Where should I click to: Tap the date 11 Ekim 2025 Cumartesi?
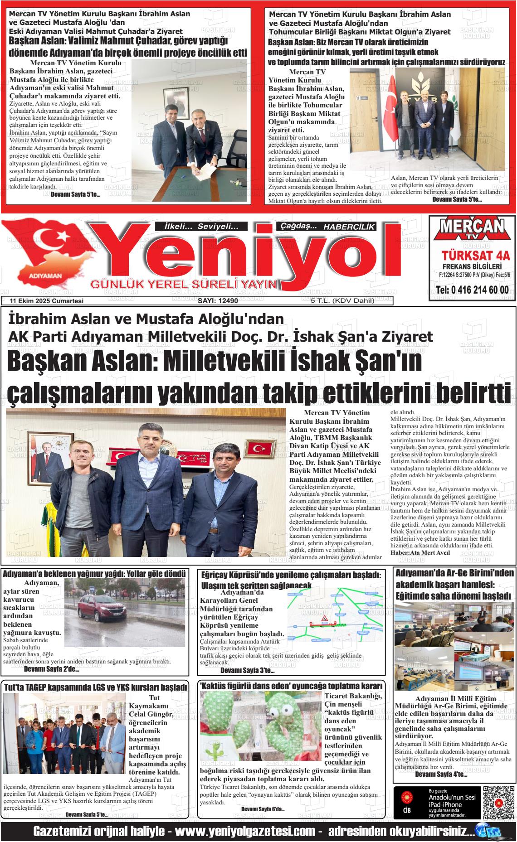coord(46,301)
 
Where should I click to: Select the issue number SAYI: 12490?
coord(218,301)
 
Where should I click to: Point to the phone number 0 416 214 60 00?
coord(472,290)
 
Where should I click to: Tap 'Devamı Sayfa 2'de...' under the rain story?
coord(51,669)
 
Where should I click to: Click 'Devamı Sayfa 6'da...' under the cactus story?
coord(263,809)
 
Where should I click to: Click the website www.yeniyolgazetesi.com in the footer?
coord(245,832)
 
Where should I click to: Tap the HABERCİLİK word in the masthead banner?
coord(349,227)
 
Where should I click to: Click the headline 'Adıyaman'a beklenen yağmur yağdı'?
coord(94,574)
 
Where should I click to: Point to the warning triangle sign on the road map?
coord(324,619)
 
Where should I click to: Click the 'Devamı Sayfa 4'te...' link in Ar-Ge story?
coord(441,774)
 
